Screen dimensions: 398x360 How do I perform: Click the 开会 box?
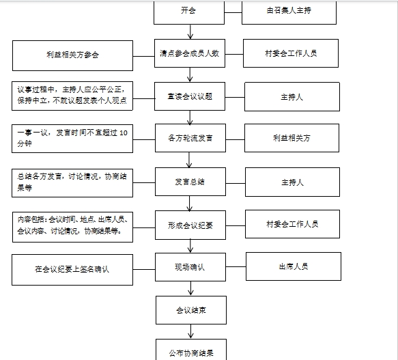(189, 13)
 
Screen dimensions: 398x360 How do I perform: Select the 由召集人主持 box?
(289, 13)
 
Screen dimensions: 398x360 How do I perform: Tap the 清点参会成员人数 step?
(190, 53)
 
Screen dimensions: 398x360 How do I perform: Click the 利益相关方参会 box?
(72, 55)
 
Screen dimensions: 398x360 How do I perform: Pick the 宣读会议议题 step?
(190, 96)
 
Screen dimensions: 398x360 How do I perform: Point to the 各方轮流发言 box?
(190, 138)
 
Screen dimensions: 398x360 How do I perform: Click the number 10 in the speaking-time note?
(124, 133)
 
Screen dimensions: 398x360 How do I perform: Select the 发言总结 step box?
(190, 182)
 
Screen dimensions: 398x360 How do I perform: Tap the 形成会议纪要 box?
(190, 225)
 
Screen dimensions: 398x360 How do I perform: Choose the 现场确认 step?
(190, 267)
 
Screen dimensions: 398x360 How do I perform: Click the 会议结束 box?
(191, 310)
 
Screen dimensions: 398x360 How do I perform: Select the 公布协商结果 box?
(191, 350)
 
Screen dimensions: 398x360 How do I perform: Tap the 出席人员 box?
(294, 266)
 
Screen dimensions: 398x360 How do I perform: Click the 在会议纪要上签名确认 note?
(72, 270)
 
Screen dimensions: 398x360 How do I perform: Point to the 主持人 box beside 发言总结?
(292, 182)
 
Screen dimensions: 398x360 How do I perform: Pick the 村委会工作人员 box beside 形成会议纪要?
(292, 224)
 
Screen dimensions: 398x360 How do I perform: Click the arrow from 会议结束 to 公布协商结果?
(191, 331)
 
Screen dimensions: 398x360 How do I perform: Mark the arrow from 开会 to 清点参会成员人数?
(190, 31)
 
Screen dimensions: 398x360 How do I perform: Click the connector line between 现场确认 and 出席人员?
(236, 267)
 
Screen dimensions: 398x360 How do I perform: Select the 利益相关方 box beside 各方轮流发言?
(292, 138)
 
